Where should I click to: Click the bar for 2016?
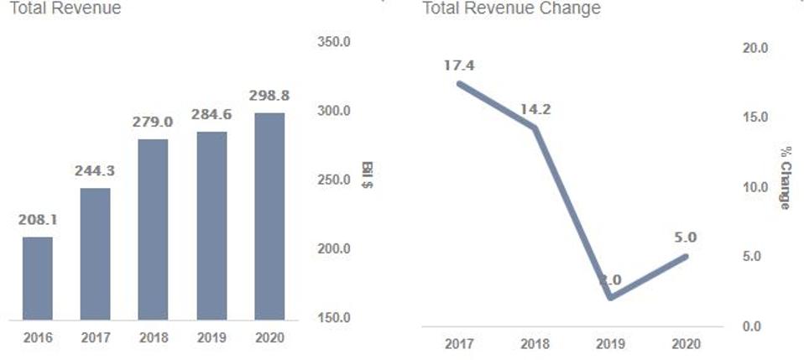38,278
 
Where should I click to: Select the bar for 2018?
153,228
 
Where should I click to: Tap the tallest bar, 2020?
269,216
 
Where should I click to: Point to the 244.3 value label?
95,170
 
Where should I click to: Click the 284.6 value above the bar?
211,114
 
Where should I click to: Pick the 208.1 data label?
38,220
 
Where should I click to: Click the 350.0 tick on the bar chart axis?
333,42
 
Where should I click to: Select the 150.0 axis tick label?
333,318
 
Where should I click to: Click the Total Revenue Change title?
511,8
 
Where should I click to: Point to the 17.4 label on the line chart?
459,65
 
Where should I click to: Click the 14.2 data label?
535,109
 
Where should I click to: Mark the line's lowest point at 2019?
611,298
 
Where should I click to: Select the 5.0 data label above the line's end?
686,237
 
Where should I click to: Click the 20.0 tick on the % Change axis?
755,48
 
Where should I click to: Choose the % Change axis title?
786,176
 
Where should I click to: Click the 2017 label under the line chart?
459,344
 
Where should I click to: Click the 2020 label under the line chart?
686,344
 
